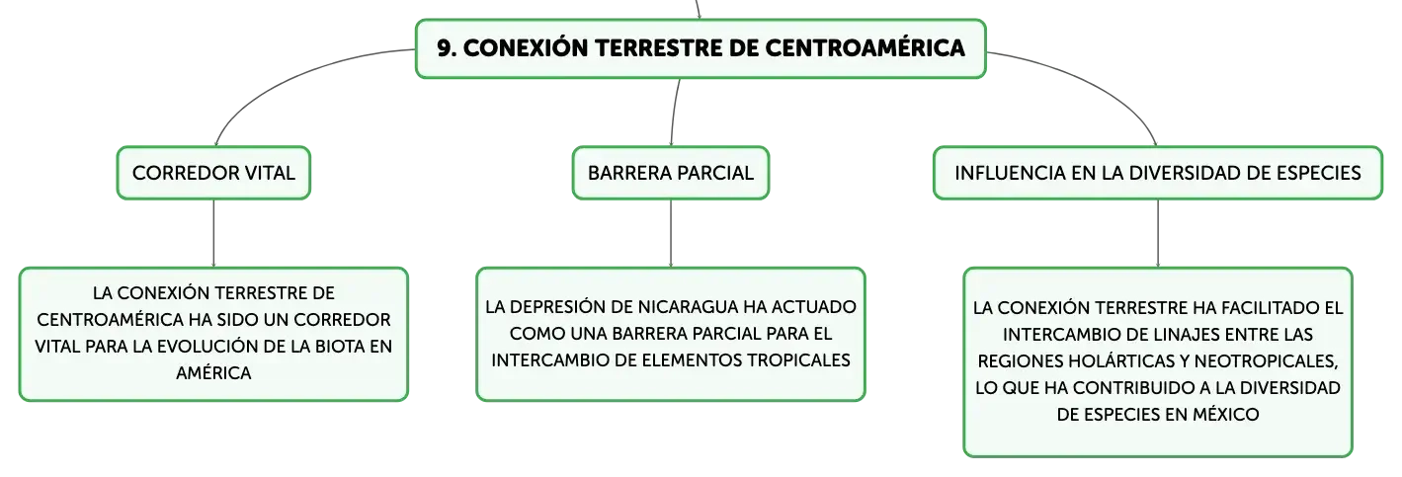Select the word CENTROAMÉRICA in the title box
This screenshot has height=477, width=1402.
(x=865, y=48)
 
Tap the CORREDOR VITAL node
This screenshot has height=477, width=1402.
(x=213, y=173)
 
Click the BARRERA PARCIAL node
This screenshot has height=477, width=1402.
(x=670, y=173)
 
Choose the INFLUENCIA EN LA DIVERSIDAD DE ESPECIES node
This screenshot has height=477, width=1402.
(x=1157, y=173)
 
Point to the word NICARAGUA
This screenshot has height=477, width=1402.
(x=688, y=307)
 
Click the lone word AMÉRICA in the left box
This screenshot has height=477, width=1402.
(x=213, y=373)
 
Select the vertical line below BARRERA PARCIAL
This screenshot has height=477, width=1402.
(x=670, y=233)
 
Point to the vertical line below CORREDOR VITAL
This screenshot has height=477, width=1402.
(x=213, y=233)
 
